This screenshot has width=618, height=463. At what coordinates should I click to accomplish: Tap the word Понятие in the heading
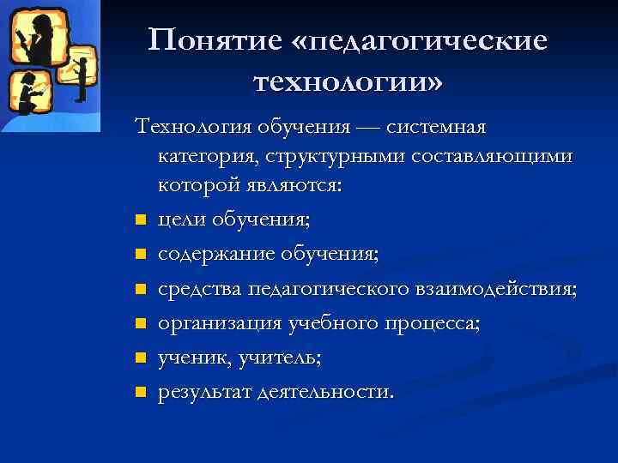point(217,41)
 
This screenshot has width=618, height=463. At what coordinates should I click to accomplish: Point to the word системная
point(436,128)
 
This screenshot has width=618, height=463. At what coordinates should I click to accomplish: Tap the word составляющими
point(481,158)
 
